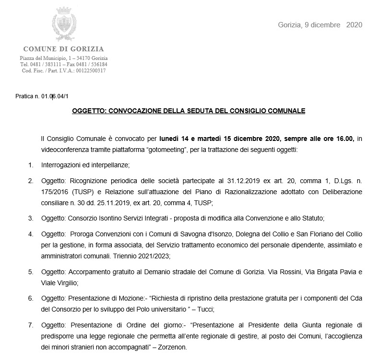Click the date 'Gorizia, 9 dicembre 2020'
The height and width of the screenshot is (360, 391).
click(x=320, y=24)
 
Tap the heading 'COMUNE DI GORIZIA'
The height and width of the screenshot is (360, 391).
click(x=63, y=49)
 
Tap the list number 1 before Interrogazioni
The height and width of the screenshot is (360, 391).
click(x=30, y=165)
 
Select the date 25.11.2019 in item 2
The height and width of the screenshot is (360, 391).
click(x=108, y=203)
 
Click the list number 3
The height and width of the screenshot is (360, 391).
click(x=30, y=218)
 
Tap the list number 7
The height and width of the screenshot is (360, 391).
click(x=30, y=325)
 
